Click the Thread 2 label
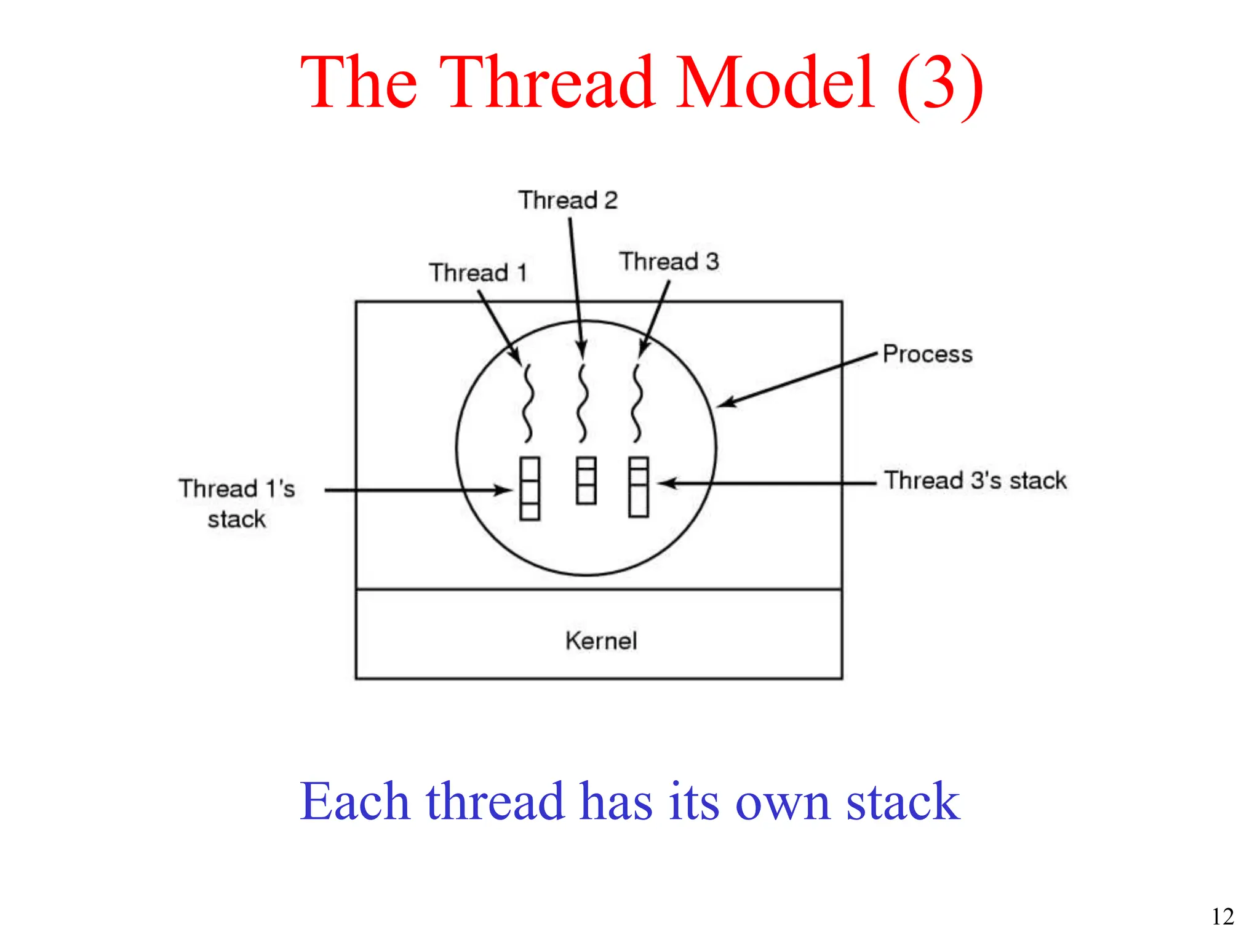point(567,201)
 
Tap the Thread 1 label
point(478,273)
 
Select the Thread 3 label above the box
point(669,261)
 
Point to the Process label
point(927,354)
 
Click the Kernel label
point(601,641)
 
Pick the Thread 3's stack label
point(975,480)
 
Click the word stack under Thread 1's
point(236,520)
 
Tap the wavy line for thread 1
point(527,403)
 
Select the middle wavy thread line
point(583,403)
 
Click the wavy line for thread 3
point(637,403)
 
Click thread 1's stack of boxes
point(530,489)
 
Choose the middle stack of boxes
point(586,481)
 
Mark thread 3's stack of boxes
point(639,487)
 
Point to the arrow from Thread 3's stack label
point(769,484)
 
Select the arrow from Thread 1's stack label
point(418,490)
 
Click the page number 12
point(1222,917)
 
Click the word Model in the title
point(775,82)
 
